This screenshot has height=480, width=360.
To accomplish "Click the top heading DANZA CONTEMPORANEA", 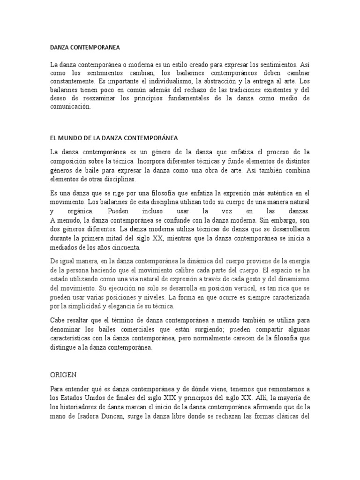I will pos(85,47).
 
